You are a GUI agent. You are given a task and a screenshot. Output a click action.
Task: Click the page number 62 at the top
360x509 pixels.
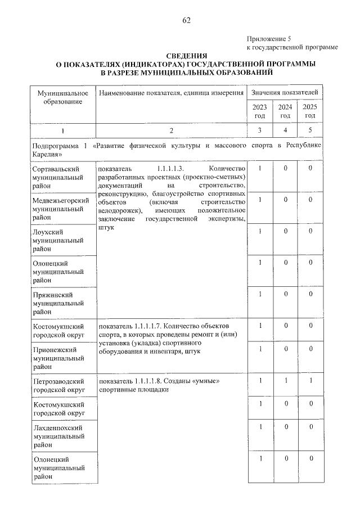click(x=186, y=21)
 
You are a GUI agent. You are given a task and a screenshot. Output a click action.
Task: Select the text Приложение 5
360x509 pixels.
click(x=268, y=39)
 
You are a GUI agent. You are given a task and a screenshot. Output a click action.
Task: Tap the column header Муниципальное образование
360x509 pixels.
click(x=62, y=97)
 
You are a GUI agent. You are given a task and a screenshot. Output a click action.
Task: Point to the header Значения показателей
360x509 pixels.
click(x=285, y=92)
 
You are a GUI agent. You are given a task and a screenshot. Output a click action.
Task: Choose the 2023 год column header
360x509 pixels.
click(x=260, y=111)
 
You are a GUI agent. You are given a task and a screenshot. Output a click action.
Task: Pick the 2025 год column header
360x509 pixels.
click(x=309, y=111)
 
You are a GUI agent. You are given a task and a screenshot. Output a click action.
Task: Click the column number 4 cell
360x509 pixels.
click(x=285, y=130)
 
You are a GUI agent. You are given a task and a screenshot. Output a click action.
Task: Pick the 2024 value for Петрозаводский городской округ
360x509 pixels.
click(x=285, y=381)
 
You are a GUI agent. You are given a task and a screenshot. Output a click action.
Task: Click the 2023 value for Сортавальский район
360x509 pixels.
click(x=260, y=168)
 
